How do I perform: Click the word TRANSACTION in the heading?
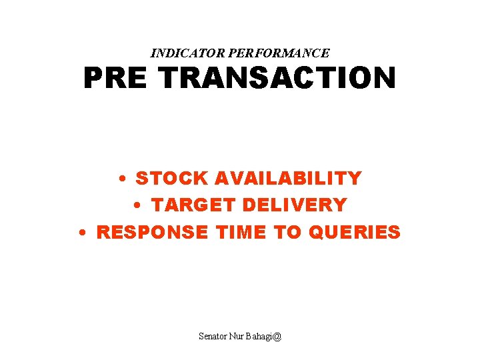(277, 79)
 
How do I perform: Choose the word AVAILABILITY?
(288, 179)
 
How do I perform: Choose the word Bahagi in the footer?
(262, 337)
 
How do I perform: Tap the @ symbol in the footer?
(277, 337)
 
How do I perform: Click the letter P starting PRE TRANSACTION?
(93, 79)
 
